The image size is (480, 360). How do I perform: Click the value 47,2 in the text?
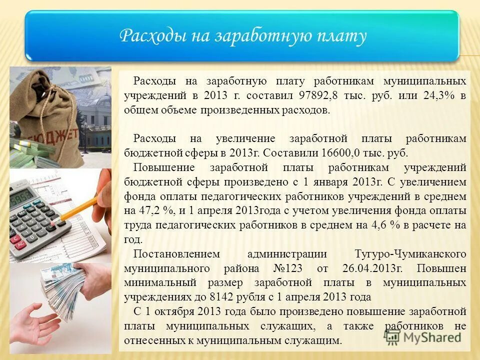click(x=148, y=211)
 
